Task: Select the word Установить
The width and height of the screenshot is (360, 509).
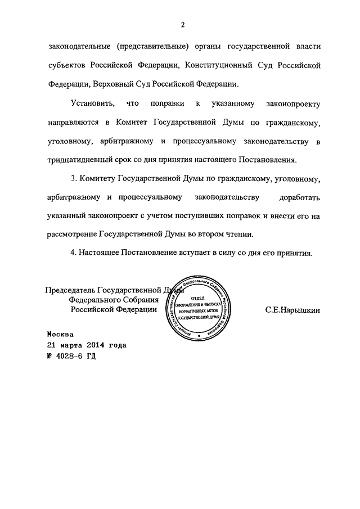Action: (x=93, y=104)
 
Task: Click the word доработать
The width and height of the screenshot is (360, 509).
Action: (x=299, y=197)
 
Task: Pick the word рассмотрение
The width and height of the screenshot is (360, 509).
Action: (x=73, y=235)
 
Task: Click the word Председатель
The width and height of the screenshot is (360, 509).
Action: (x=70, y=291)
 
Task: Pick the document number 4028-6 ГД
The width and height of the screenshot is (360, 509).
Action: (x=73, y=356)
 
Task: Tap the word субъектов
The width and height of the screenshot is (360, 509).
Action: (x=67, y=65)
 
